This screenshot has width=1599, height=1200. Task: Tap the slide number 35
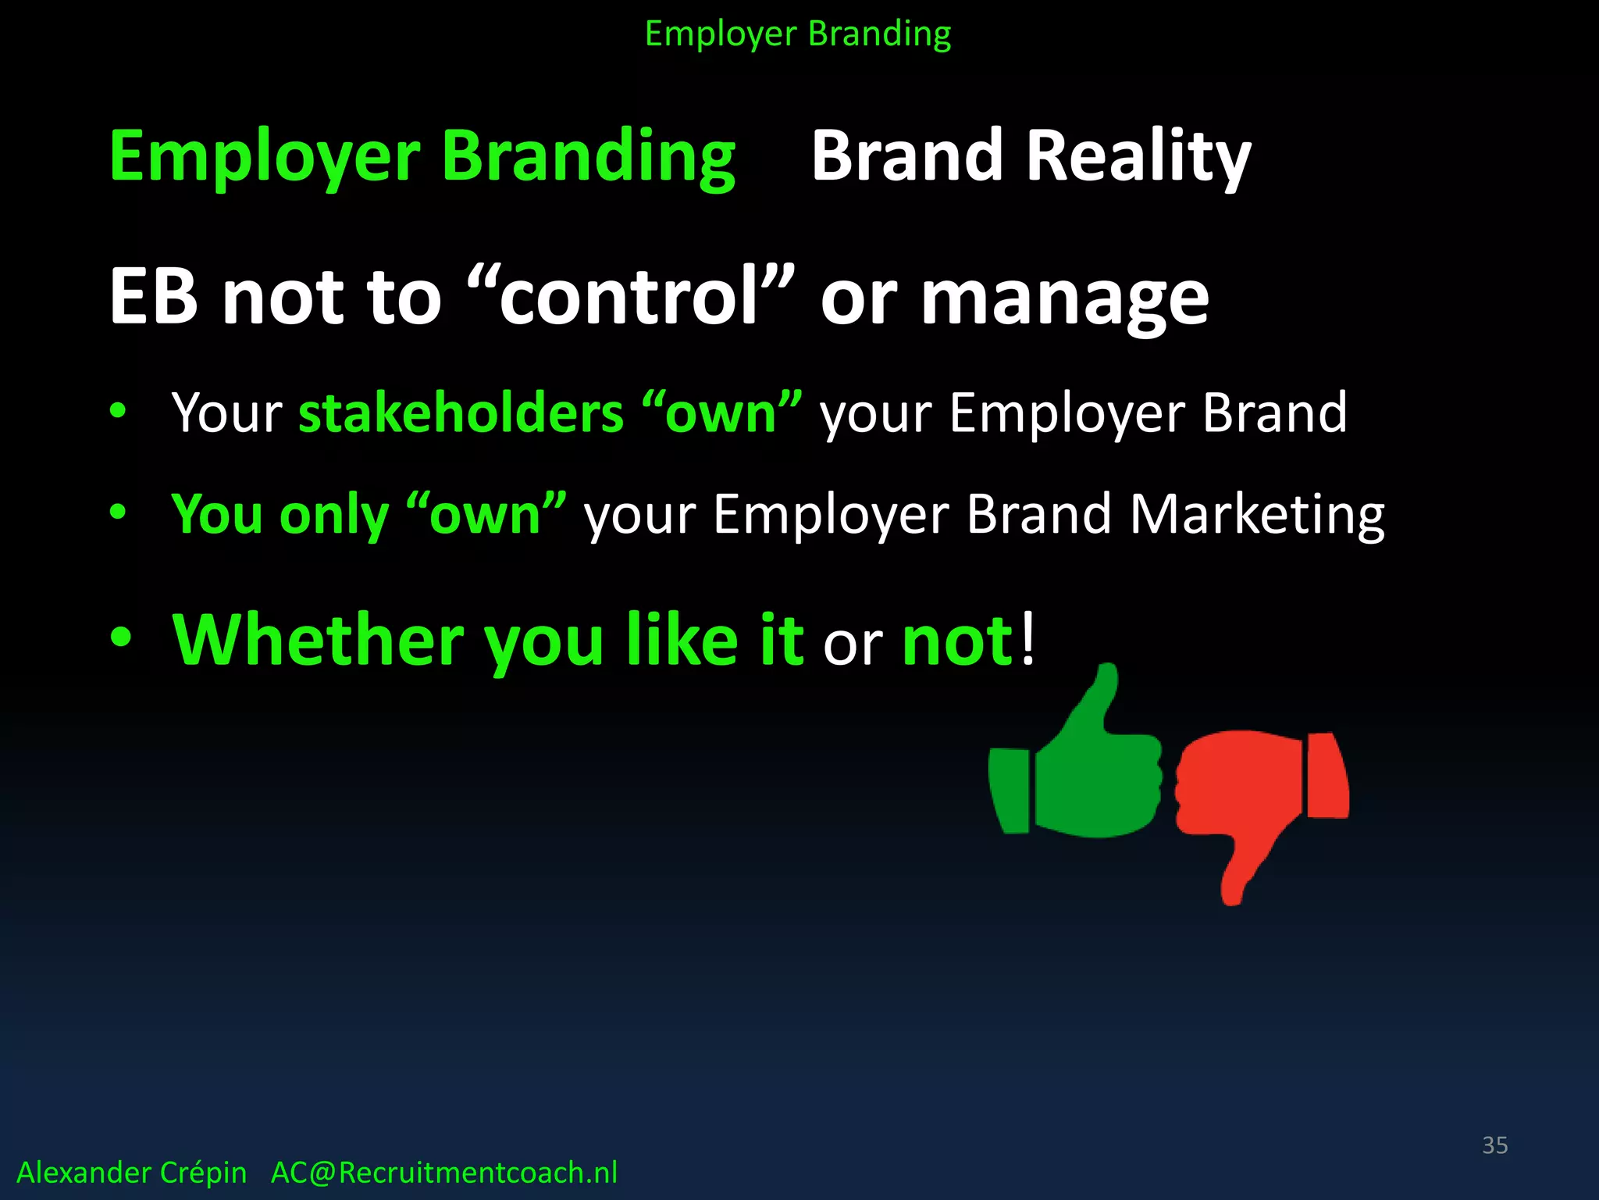tap(1494, 1145)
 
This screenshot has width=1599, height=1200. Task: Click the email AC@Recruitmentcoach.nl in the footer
tap(443, 1173)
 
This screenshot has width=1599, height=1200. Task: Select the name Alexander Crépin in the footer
tap(131, 1173)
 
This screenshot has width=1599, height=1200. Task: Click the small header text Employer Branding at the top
tap(798, 34)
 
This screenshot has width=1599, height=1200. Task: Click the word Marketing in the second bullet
tap(1257, 516)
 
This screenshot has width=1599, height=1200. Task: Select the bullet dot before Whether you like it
tap(121, 637)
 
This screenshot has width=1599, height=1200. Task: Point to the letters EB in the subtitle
tap(154, 297)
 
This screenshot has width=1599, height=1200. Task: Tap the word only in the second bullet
tap(333, 516)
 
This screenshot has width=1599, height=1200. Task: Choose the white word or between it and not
tap(853, 645)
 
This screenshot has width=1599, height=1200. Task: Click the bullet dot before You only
tap(118, 512)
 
